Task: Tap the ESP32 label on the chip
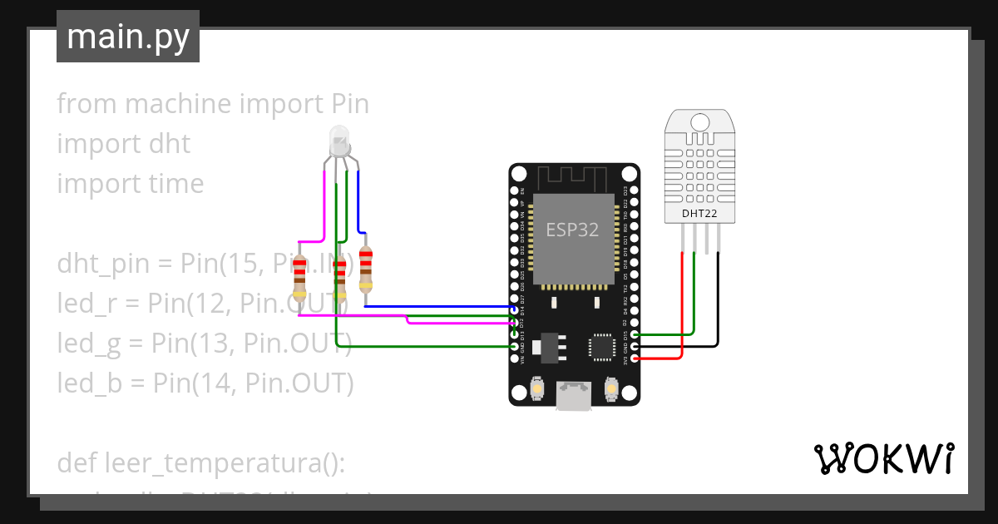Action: (572, 230)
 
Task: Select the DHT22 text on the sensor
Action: (699, 214)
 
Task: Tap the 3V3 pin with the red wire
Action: (635, 358)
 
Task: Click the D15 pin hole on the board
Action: (635, 334)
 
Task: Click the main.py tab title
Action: (127, 37)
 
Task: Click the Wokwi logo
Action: (883, 458)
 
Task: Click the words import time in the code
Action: (130, 184)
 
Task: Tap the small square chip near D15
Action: (601, 347)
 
